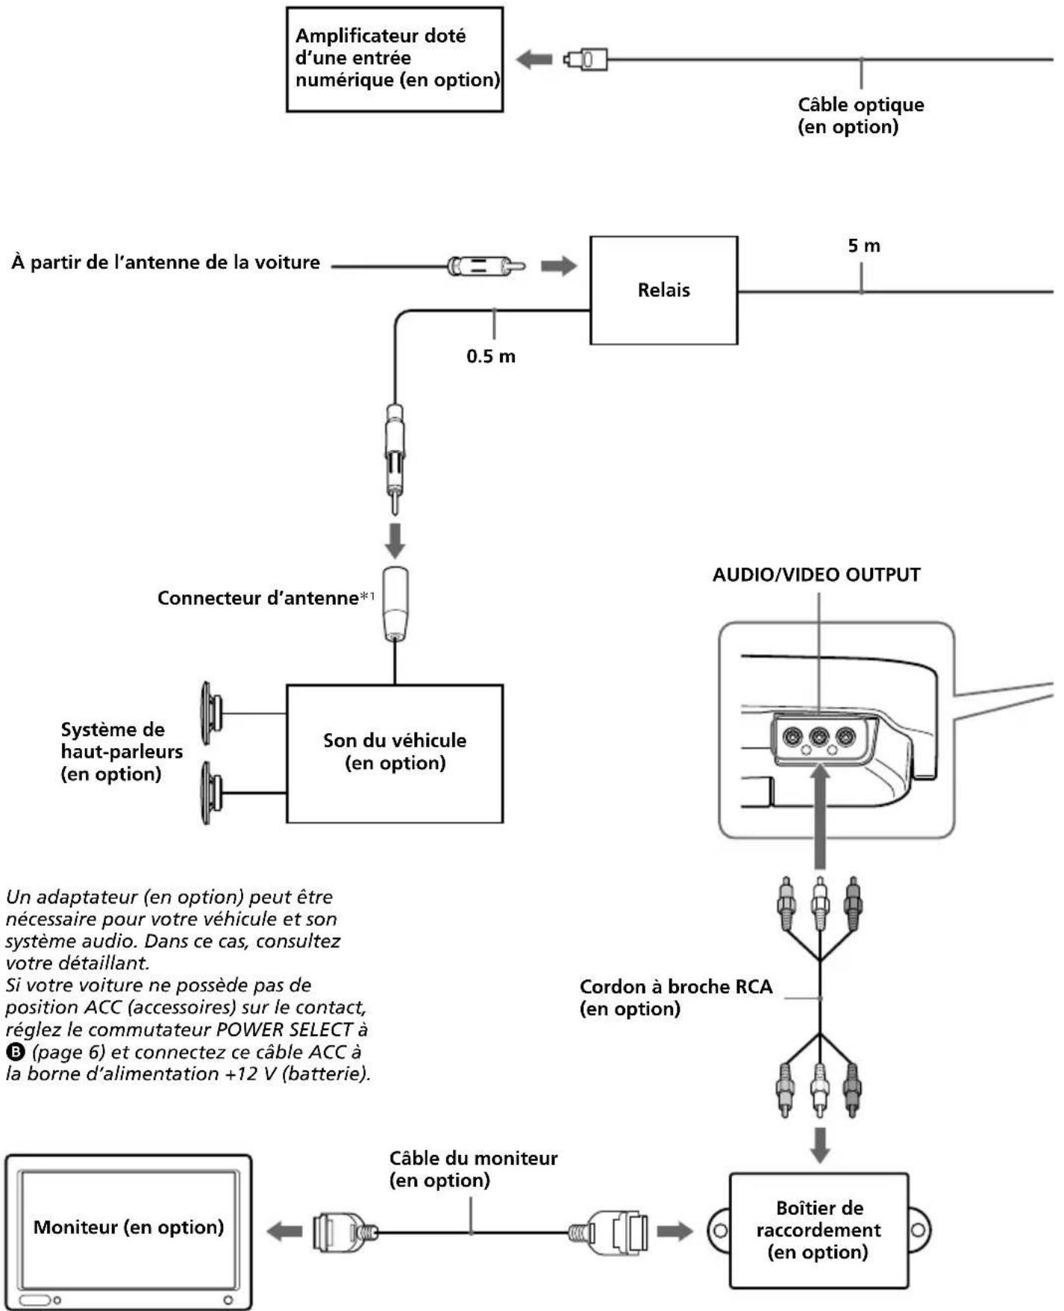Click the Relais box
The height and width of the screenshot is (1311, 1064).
[663, 290]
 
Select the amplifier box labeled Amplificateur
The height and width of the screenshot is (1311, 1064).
[395, 60]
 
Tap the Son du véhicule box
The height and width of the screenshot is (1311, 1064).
[395, 753]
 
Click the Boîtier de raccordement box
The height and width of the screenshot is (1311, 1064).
[819, 1230]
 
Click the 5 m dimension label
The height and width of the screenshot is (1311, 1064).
[864, 246]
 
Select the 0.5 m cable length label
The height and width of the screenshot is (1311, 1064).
[491, 356]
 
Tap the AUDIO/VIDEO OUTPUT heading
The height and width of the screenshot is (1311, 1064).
[816, 575]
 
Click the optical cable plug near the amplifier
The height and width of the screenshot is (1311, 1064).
[585, 59]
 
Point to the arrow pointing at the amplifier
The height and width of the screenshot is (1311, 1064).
[534, 59]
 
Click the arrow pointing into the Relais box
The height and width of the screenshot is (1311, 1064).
[559, 266]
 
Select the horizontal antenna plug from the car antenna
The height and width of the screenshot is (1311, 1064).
[486, 266]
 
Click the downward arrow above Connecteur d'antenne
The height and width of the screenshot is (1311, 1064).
[395, 540]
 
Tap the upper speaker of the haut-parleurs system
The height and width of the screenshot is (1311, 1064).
[211, 713]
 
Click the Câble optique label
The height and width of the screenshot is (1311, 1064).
[861, 116]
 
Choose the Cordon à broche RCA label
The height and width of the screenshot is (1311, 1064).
[676, 997]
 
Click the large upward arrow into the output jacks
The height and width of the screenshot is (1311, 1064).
[820, 816]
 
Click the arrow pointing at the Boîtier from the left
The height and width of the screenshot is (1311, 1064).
[675, 1231]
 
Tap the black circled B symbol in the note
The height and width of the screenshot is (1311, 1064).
[13, 1053]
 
